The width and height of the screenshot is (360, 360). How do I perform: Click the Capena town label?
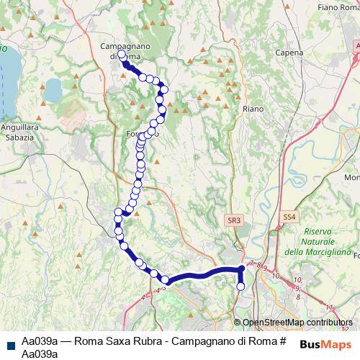[289, 53]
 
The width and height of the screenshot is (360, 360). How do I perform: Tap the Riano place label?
[253, 109]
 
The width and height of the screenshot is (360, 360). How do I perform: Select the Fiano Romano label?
[337, 6]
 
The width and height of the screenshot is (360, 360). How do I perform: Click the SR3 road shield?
[232, 220]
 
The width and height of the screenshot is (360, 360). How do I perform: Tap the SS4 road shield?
[289, 216]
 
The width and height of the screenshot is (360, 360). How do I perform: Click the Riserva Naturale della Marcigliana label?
[317, 241]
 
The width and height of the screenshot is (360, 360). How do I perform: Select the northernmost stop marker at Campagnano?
[122, 54]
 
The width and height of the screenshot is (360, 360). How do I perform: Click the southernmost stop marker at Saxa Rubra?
[240, 287]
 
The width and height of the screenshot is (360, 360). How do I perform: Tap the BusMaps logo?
[325, 344]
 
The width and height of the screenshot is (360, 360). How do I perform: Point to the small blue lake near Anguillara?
[52, 91]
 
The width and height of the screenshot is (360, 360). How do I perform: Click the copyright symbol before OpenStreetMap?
[238, 323]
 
